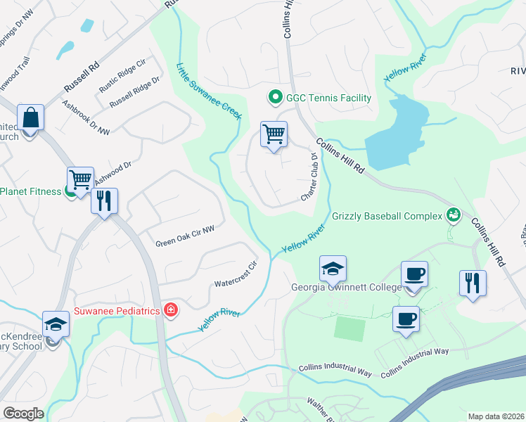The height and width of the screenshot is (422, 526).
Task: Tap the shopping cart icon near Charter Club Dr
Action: point(274,133)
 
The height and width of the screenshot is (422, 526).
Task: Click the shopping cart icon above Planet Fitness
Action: point(80,179)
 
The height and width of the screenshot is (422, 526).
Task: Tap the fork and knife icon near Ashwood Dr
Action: point(105,200)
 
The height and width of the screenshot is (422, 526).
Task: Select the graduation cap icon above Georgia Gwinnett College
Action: point(333,268)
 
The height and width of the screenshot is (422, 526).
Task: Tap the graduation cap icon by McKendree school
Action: point(56,324)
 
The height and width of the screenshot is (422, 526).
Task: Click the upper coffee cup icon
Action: point(414,274)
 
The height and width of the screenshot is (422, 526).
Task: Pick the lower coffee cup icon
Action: point(406,319)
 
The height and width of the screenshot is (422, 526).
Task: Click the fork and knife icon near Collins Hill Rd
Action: point(473,283)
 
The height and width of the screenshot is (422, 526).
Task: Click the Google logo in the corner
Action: point(23,414)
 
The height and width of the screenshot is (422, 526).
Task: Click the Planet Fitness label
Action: point(32,191)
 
